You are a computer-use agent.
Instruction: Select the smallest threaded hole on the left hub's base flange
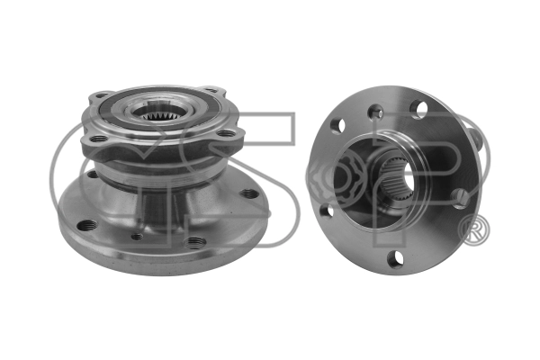tap(137, 237)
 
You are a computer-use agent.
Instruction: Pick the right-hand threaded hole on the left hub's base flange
tap(249, 194)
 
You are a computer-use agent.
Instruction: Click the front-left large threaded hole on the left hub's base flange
tap(87, 226)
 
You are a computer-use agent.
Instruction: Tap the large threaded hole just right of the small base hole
tap(195, 242)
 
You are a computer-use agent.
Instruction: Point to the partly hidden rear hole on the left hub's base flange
tap(93, 174)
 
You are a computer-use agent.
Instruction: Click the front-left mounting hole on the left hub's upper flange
tap(98, 139)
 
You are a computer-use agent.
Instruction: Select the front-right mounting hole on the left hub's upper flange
tap(226, 133)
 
